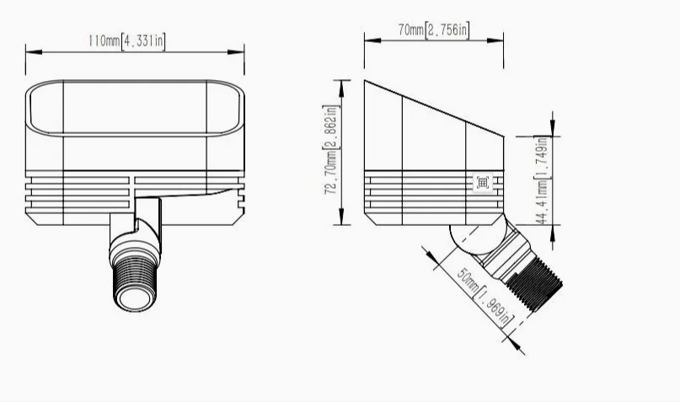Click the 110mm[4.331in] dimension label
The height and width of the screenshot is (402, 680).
click(x=126, y=40)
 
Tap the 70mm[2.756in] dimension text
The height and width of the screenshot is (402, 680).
click(x=434, y=30)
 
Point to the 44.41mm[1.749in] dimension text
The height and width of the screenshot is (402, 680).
click(x=542, y=180)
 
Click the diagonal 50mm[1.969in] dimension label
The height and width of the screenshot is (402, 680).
click(x=485, y=297)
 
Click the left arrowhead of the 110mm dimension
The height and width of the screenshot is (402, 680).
click(x=34, y=52)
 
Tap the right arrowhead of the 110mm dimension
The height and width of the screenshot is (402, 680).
click(x=236, y=52)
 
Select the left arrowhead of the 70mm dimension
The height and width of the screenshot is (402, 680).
click(x=372, y=40)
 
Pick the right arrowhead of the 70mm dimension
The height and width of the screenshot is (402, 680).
click(x=495, y=40)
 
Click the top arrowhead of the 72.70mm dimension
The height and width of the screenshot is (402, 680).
click(x=342, y=88)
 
